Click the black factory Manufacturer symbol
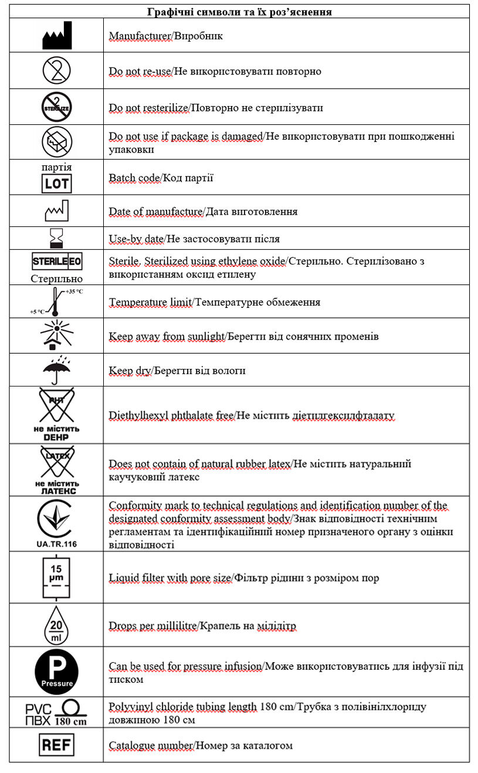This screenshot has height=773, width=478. point(57,35)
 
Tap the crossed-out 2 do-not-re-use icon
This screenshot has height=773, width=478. point(57,71)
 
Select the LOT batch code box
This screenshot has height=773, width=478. point(57,184)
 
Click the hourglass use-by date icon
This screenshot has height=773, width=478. point(57,239)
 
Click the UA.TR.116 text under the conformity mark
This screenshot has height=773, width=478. point(56,544)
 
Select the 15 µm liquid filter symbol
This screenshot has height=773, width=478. point(57,578)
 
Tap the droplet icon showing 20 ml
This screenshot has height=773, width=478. point(57,625)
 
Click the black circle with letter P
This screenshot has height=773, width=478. point(57,672)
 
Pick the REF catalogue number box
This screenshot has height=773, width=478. point(57,745)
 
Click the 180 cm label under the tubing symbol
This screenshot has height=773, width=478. point(71,721)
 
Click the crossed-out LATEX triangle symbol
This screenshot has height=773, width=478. point(57,463)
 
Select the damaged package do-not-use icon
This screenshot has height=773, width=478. point(57,141)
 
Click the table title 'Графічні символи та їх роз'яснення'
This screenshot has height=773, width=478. point(239,11)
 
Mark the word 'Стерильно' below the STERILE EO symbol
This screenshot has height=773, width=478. point(57,278)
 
